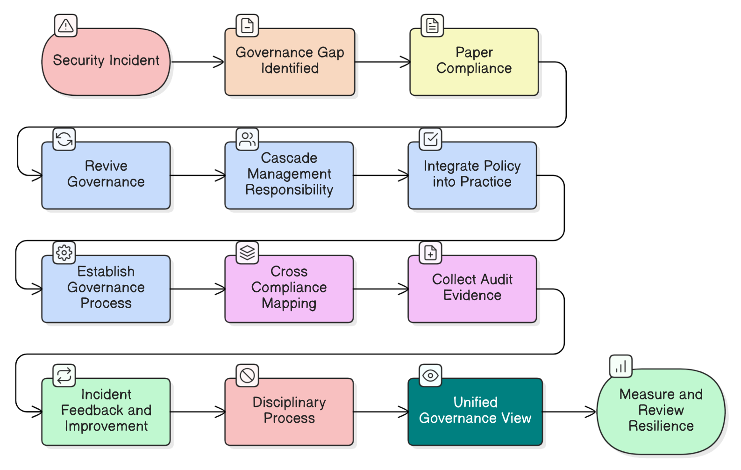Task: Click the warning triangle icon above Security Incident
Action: point(66,26)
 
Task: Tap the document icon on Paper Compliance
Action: point(432,26)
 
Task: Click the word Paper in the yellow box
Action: point(474,52)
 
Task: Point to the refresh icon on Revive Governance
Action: point(64,139)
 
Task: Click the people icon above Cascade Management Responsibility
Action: point(247,139)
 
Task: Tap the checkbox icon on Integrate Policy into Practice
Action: point(430,139)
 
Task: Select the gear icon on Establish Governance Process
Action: point(64,253)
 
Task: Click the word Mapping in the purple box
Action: point(289,304)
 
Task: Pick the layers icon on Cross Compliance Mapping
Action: point(247,253)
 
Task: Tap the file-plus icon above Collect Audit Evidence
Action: point(430,253)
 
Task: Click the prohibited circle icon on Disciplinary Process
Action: point(247,376)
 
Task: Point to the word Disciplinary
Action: point(289,402)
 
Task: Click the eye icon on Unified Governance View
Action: point(430,376)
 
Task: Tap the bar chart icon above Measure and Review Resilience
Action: point(621,366)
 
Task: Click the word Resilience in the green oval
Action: point(661,426)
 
